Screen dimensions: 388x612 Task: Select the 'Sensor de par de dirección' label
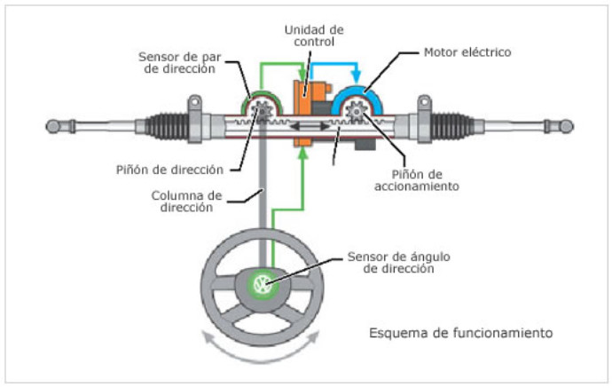point(177,62)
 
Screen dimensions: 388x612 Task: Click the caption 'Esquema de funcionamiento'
point(461,334)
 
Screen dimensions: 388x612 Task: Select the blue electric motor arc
point(358,95)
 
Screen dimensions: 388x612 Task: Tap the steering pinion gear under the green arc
point(262,113)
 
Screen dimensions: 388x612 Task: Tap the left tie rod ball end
point(55,126)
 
